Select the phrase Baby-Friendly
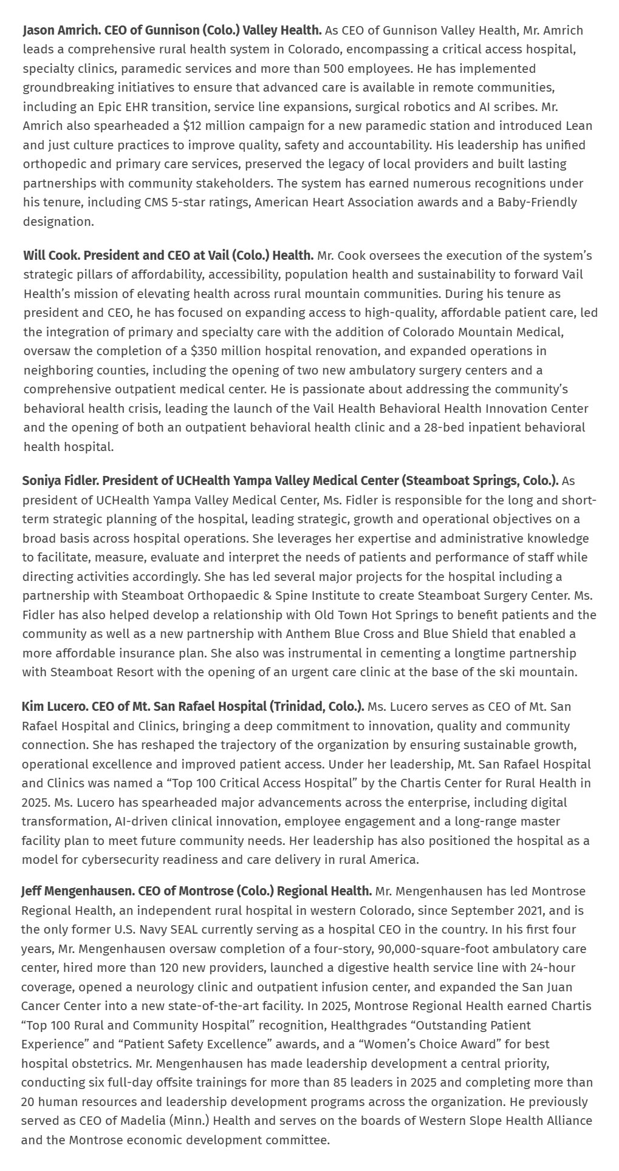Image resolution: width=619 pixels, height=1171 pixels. coord(537,202)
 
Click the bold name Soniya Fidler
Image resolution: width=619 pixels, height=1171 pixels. coord(59,481)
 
